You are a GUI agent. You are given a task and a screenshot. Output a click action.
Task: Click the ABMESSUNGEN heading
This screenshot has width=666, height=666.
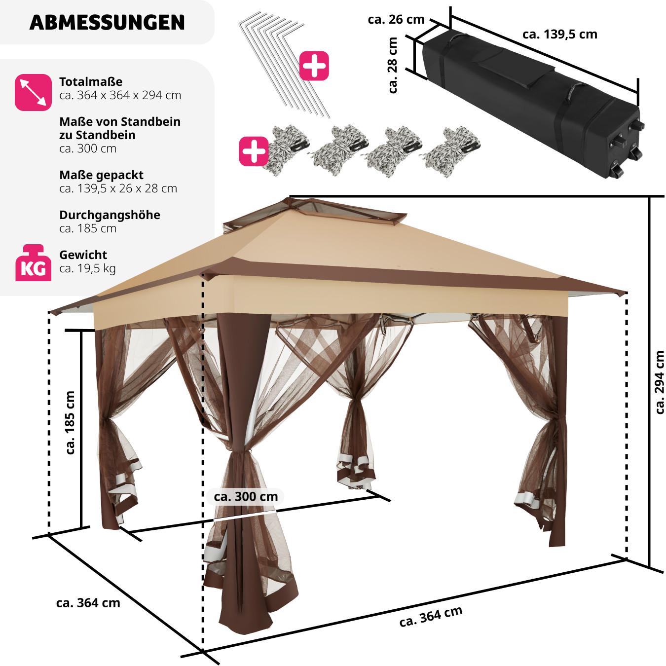107,23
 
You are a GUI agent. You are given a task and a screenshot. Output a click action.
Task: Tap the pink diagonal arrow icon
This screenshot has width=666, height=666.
33,92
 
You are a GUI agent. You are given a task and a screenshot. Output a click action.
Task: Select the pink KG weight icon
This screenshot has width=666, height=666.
33,263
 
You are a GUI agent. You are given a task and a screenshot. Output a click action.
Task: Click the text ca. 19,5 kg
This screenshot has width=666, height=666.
87,269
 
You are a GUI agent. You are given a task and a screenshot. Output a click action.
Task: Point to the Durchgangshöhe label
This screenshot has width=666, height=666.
110,215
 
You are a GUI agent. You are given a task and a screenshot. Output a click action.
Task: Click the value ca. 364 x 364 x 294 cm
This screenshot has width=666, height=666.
120,95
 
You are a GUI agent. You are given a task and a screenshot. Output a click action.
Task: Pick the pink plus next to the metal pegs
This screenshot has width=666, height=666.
314,66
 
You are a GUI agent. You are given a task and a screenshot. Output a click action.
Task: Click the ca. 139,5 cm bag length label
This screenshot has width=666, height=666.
559,34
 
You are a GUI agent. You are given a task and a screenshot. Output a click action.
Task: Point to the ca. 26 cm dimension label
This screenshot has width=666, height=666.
396,19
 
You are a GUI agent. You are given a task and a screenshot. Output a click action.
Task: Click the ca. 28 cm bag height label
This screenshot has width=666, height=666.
393,66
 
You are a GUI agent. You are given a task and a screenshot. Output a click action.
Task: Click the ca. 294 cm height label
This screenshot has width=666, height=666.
659,382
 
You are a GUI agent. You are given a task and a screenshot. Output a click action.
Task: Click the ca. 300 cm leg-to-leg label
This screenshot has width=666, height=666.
246,496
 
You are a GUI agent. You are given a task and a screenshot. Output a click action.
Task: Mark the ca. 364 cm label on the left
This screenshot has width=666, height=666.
88,602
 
